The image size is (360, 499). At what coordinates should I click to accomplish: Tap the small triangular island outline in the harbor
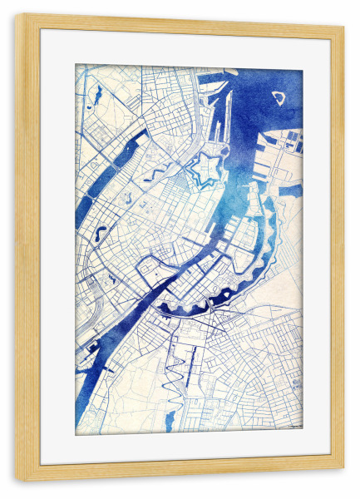[x=279, y=97]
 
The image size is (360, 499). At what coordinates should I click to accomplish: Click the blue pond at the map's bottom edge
[x=170, y=420]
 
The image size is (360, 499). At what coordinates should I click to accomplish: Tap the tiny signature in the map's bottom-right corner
[x=294, y=427]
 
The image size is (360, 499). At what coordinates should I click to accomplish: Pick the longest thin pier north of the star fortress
[x=219, y=116]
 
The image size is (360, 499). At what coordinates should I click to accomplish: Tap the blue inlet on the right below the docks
[x=290, y=190]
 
